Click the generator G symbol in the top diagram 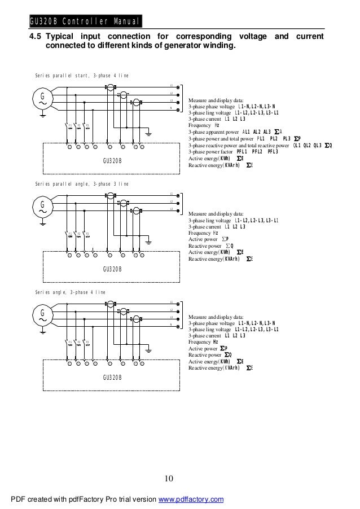42,100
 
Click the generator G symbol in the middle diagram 42,206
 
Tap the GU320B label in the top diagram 112,161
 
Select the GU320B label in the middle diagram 112,268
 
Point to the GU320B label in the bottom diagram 112,376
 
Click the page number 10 169,480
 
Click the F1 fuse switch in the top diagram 70,126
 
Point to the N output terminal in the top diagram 178,108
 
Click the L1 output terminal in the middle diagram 178,195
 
